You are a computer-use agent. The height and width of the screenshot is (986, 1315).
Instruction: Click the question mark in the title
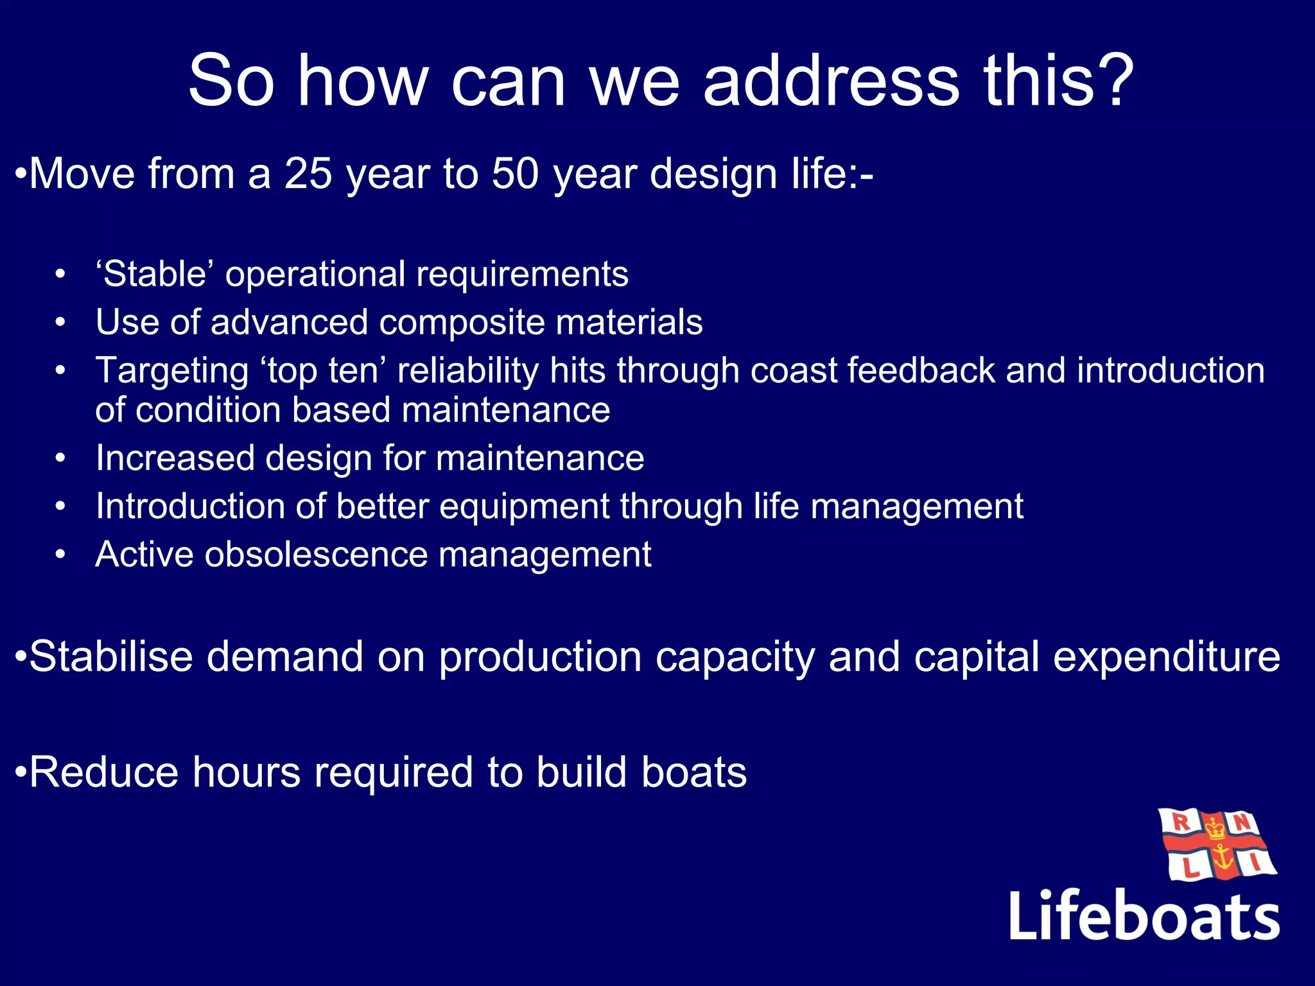(1111, 82)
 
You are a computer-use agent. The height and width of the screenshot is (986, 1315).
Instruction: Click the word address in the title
(832, 82)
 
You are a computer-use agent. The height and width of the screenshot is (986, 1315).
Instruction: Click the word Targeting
(172, 372)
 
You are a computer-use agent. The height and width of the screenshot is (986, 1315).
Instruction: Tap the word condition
(208, 410)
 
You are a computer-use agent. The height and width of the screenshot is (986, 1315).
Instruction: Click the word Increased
(175, 458)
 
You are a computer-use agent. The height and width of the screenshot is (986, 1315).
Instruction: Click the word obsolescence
(315, 555)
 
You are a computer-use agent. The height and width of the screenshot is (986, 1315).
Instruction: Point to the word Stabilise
(110, 657)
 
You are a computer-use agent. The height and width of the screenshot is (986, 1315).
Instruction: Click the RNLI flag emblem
(1217, 845)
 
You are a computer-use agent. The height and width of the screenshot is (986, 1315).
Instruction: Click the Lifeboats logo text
(1144, 916)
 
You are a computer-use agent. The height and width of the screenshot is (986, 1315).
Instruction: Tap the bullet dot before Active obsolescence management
(60, 555)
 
